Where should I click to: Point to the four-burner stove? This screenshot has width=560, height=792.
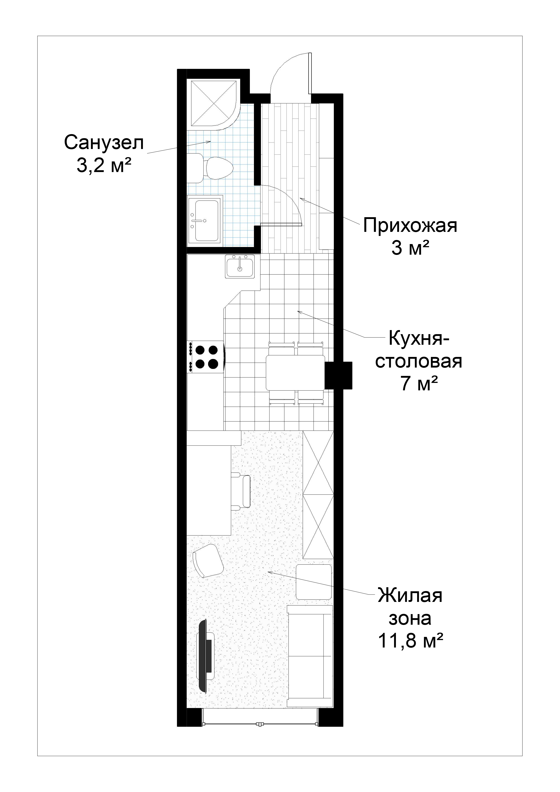[206, 357]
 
